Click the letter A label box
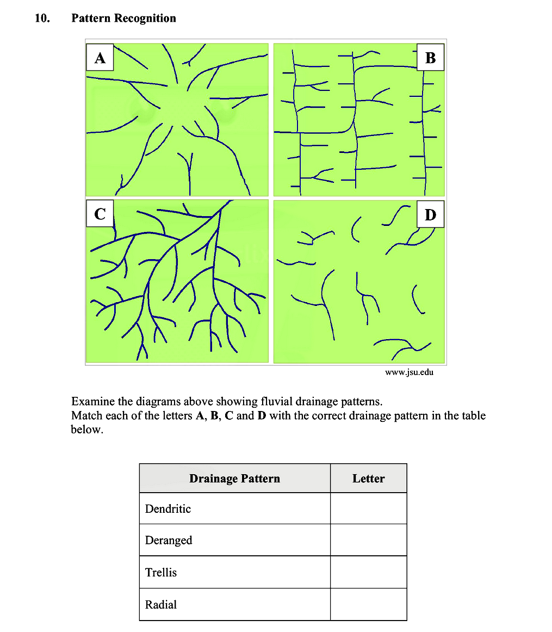tap(100, 58)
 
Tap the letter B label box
tap(430, 58)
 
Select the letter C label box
tap(100, 214)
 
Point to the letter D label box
tap(430, 214)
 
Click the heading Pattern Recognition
tap(124, 19)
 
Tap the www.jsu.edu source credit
tap(409, 372)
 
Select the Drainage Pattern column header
tap(234, 478)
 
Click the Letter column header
tap(368, 478)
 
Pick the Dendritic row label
tap(168, 509)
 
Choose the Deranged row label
tap(169, 541)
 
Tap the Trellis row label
tap(161, 573)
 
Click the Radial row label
tap(161, 605)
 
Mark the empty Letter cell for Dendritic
tap(368, 508)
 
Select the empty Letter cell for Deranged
tap(368, 540)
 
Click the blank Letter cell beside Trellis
tap(368, 572)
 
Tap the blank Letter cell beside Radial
tap(368, 604)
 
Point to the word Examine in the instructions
tap(92, 402)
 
